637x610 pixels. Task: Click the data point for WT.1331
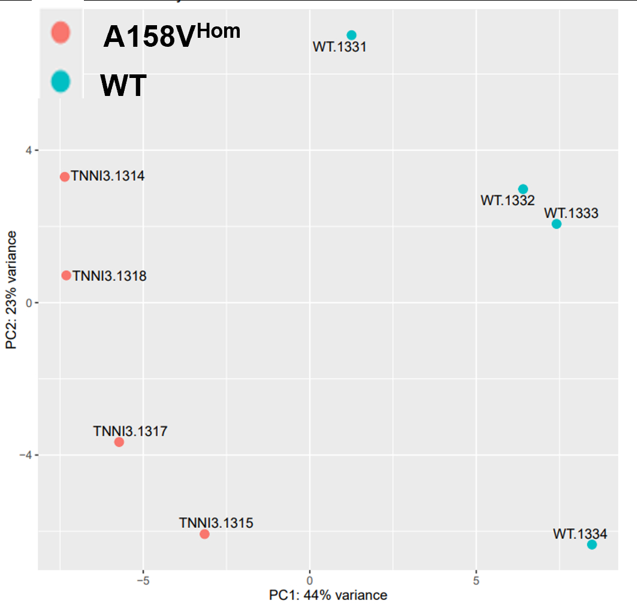coord(352,35)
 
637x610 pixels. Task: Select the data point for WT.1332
coord(523,189)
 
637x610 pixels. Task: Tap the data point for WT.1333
coord(557,224)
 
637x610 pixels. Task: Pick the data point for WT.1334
coord(592,545)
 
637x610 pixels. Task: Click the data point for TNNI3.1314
coord(65,177)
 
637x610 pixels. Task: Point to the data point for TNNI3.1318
coord(67,275)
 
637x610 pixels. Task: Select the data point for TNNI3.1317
coord(119,442)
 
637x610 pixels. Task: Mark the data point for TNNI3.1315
coord(205,534)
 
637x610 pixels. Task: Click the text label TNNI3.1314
coord(108,176)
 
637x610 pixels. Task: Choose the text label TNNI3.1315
coord(216,523)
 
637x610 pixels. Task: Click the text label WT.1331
coord(339,47)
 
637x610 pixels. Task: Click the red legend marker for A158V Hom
coord(61,32)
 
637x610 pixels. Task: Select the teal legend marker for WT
coord(61,81)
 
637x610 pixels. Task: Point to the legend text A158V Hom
coord(171,36)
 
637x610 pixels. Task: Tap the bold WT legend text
coord(123,86)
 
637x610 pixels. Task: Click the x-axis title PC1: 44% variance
coord(328,595)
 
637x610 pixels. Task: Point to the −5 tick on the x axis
coord(143,581)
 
